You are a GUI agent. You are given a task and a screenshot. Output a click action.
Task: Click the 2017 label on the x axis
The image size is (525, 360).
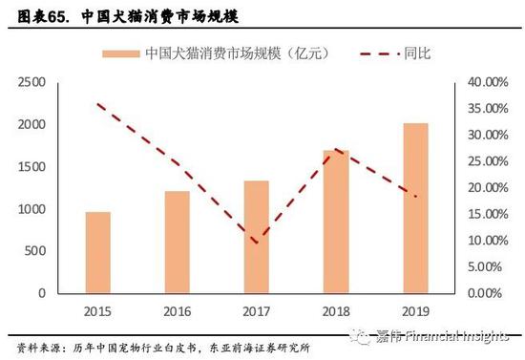pos(256,310)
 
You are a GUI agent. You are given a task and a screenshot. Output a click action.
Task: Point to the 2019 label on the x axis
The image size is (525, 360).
pos(415,310)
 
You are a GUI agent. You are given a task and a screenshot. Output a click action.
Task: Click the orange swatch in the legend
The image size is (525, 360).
pos(118,53)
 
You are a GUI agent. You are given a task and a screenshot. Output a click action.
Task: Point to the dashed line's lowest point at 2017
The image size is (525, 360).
pos(256,243)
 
